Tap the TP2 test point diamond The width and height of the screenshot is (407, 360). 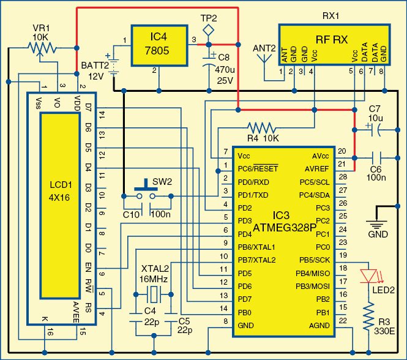pyautogui.click(x=209, y=29)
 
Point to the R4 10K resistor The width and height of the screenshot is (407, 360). pyautogui.click(x=263, y=128)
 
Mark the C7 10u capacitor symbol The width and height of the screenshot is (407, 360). pyautogui.click(x=373, y=130)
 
